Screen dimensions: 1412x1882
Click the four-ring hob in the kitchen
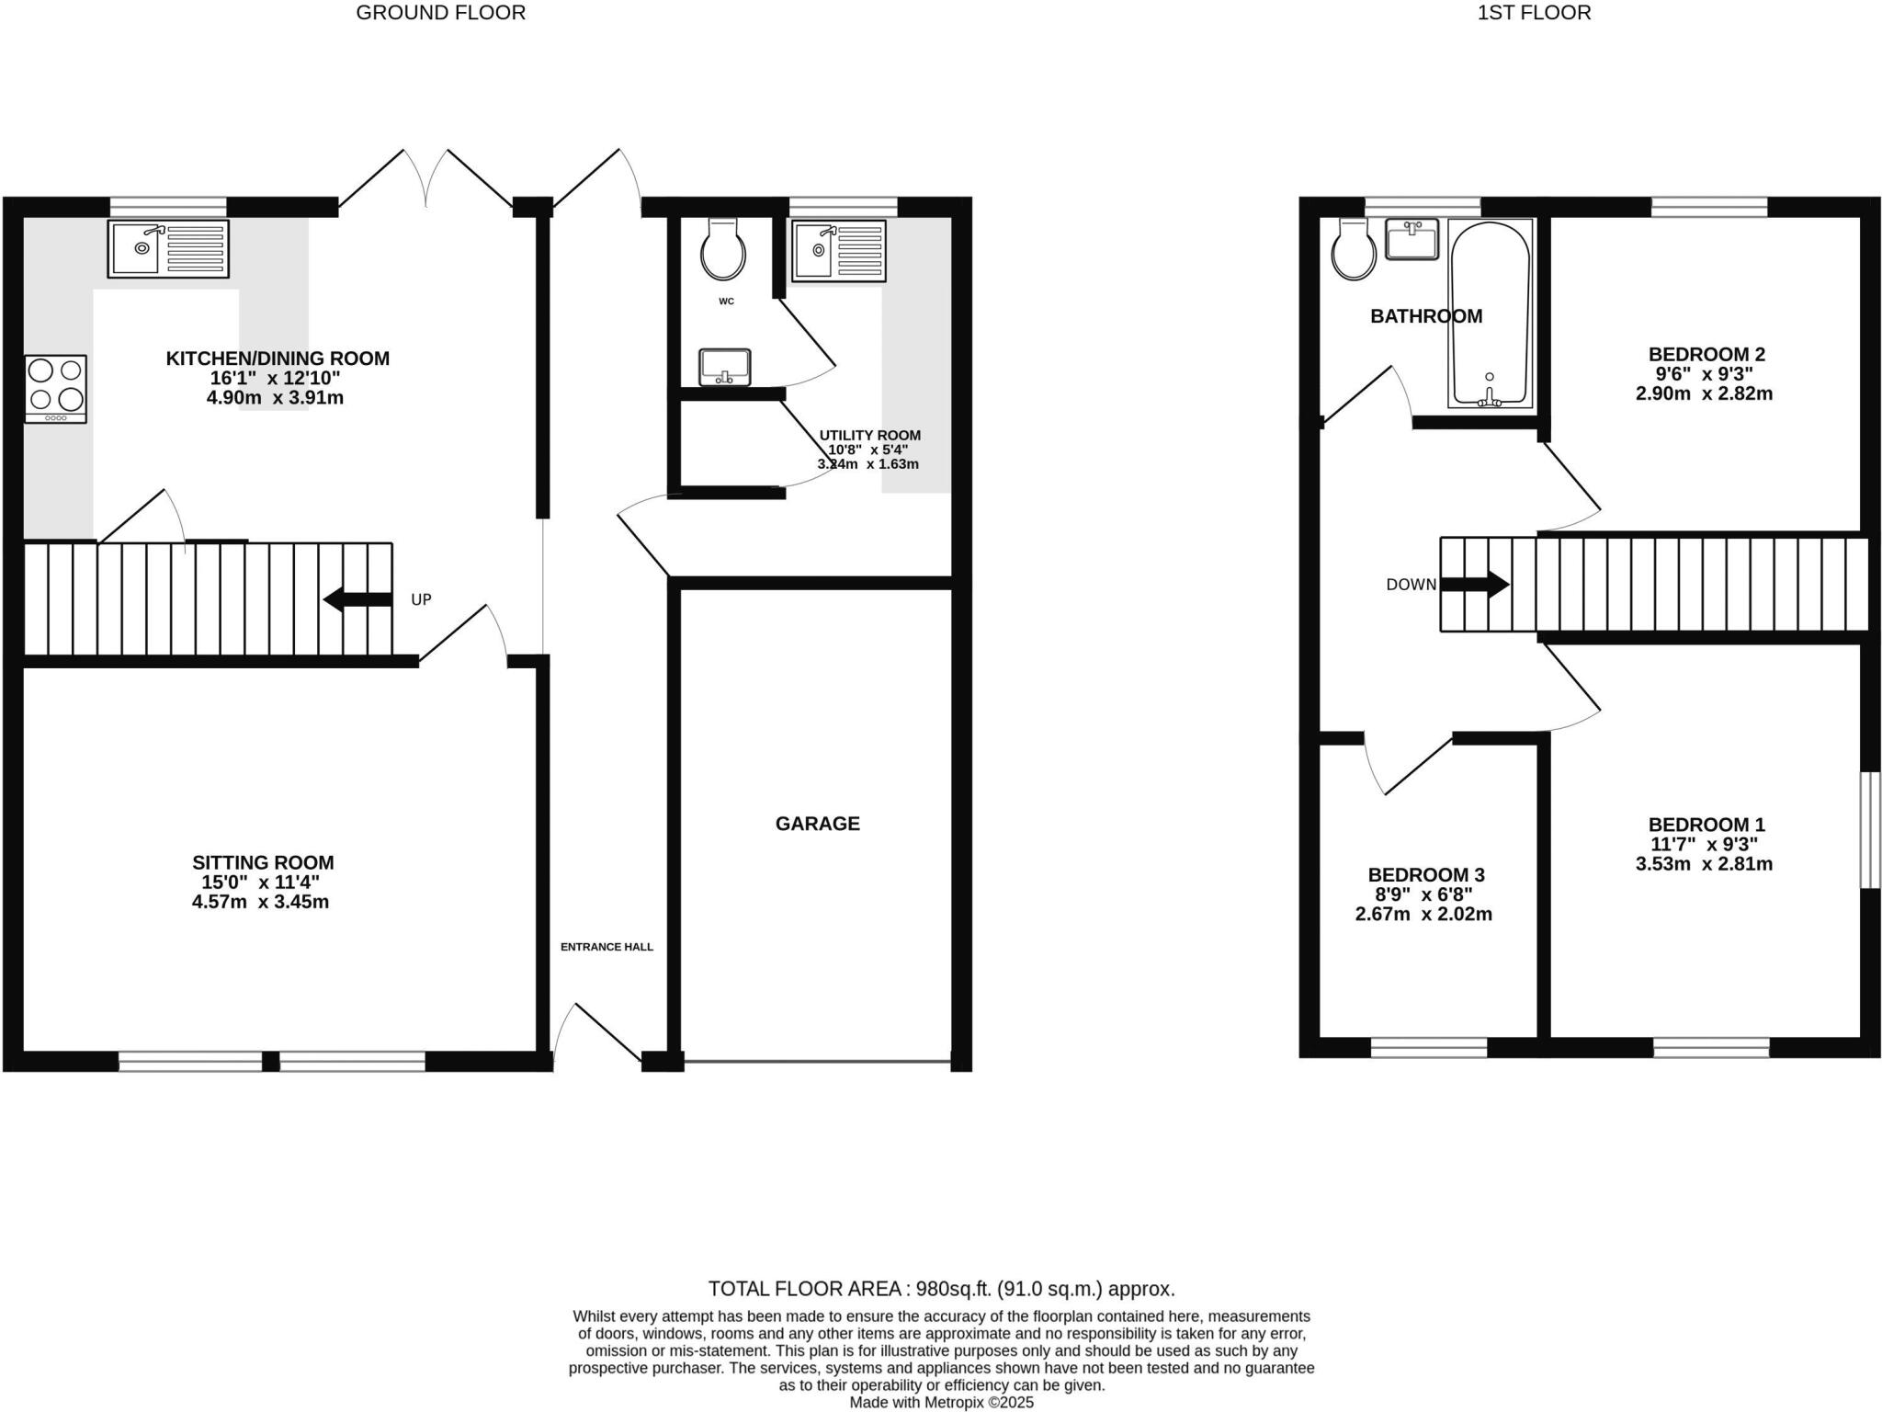(x=56, y=389)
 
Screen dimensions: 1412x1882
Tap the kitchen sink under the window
(x=168, y=248)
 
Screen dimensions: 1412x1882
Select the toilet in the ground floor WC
(x=723, y=249)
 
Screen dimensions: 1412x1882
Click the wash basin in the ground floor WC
(x=724, y=368)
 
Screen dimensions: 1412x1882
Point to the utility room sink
(x=838, y=250)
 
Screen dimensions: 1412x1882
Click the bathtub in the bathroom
(x=1490, y=313)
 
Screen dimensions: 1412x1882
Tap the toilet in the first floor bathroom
(x=1355, y=250)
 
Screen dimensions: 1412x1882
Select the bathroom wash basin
(x=1411, y=239)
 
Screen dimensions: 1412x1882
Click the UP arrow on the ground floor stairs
(x=358, y=599)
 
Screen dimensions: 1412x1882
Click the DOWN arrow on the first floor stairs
(x=1474, y=584)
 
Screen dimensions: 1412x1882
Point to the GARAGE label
(x=817, y=824)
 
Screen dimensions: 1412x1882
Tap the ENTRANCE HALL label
(x=607, y=947)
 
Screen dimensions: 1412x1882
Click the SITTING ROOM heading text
(x=263, y=862)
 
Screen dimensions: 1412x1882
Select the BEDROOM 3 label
(x=1426, y=875)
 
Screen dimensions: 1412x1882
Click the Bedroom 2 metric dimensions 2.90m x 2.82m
(x=1704, y=393)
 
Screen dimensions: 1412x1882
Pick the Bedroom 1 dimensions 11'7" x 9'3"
(x=1704, y=844)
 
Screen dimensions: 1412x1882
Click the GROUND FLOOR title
(x=440, y=13)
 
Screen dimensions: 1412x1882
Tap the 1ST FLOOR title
(x=1534, y=13)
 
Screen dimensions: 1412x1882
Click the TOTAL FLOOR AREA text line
(x=941, y=1289)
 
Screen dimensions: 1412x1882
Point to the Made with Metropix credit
(x=941, y=1403)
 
